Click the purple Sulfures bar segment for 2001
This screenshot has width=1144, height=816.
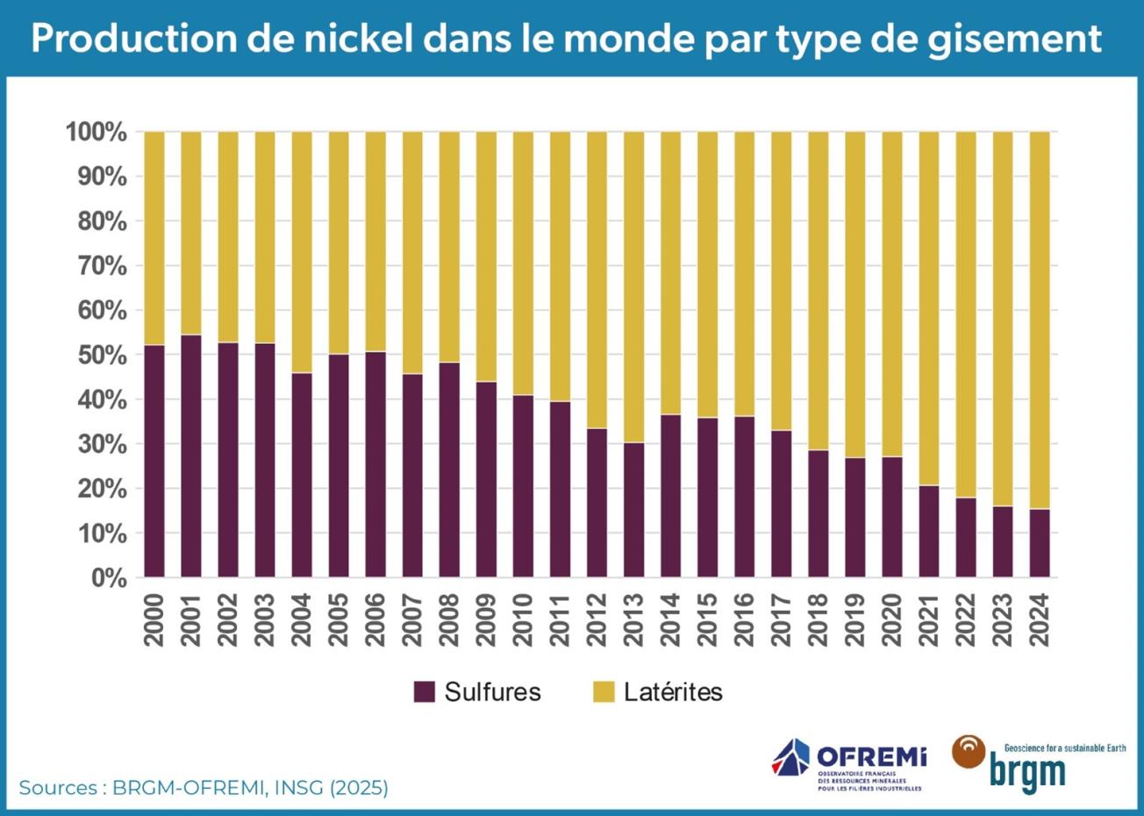pyautogui.click(x=191, y=456)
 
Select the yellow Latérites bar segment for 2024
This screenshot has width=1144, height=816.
pyautogui.click(x=1039, y=320)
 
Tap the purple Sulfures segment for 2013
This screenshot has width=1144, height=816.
pyautogui.click(x=633, y=510)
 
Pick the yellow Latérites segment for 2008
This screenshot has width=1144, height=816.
pyautogui.click(x=449, y=247)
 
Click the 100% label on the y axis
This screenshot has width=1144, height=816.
pyautogui.click(x=97, y=132)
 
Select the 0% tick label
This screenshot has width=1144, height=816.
pyautogui.click(x=109, y=578)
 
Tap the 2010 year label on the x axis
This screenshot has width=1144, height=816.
pyautogui.click(x=523, y=619)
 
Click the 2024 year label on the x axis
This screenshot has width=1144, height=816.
pyautogui.click(x=1039, y=619)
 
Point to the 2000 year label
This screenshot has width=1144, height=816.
pyautogui.click(x=154, y=619)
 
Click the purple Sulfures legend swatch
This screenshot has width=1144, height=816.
pyautogui.click(x=425, y=691)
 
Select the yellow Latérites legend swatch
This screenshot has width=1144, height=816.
pyautogui.click(x=604, y=691)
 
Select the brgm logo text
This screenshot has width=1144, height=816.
pyautogui.click(x=1027, y=772)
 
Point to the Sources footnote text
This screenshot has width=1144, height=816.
pyautogui.click(x=204, y=787)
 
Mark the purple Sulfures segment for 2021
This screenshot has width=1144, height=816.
pyautogui.click(x=928, y=531)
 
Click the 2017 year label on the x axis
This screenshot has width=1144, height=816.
pyautogui.click(x=781, y=619)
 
